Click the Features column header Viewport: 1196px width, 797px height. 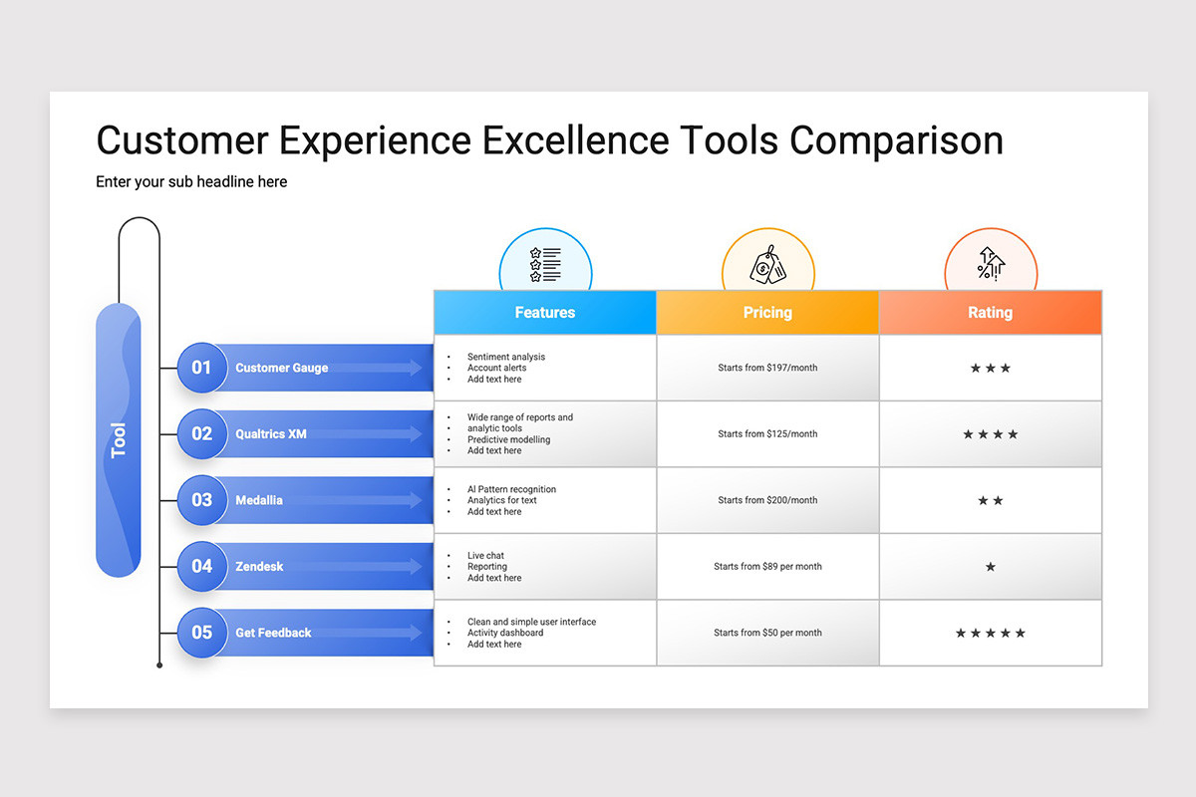pyautogui.click(x=544, y=312)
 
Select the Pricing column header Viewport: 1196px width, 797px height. pyautogui.click(x=767, y=312)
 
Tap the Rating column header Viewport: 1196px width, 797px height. pyautogui.click(x=991, y=312)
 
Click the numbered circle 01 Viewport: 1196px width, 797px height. pyautogui.click(x=201, y=368)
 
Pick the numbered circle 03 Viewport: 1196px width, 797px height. pyautogui.click(x=201, y=500)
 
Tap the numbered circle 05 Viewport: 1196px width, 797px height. pyautogui.click(x=201, y=632)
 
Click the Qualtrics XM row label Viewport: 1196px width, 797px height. pyautogui.click(x=271, y=434)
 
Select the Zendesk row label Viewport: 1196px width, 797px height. pyautogui.click(x=259, y=567)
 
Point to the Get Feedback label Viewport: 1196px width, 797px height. pyautogui.click(x=273, y=633)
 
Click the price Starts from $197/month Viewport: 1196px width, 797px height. pyautogui.click(x=767, y=368)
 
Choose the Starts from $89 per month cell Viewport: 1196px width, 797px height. pyautogui.click(x=767, y=567)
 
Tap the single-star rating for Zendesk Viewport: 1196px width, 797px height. pyautogui.click(x=991, y=567)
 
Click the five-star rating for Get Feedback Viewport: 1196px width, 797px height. pyautogui.click(x=991, y=633)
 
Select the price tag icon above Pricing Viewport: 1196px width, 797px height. pyautogui.click(x=767, y=265)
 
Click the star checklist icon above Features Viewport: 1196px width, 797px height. pyautogui.click(x=545, y=264)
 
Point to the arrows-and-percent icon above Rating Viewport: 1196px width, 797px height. pyautogui.click(x=991, y=264)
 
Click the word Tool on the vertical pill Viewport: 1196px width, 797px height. pyautogui.click(x=118, y=440)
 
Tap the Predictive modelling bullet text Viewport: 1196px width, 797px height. pyautogui.click(x=509, y=439)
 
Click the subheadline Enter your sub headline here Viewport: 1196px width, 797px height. pyautogui.click(x=191, y=181)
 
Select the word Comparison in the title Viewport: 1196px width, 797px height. pyautogui.click(x=896, y=140)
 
